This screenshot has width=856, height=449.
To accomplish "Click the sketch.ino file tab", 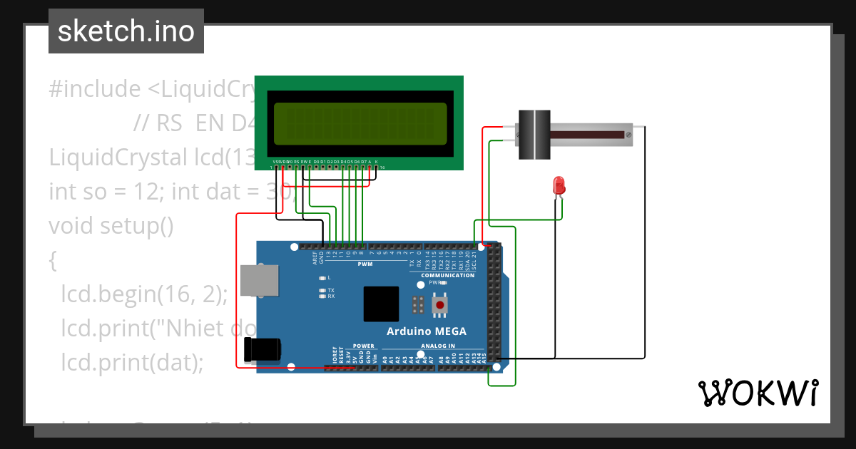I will [x=126, y=31].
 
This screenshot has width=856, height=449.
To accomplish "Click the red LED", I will [x=560, y=185].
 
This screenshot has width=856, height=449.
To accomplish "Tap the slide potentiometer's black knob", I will [x=534, y=135].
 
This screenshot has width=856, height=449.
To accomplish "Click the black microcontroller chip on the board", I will [x=381, y=304].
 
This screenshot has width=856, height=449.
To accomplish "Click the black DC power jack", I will [x=261, y=349].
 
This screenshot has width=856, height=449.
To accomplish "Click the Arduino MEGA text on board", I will [x=427, y=331].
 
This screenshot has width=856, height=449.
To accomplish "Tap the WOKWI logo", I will [x=758, y=393].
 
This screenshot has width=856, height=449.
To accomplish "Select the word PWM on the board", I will [x=365, y=264].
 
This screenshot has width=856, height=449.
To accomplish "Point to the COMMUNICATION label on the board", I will [x=447, y=275].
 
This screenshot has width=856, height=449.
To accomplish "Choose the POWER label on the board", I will [x=363, y=346].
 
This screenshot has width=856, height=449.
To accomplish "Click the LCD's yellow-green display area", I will [x=360, y=123].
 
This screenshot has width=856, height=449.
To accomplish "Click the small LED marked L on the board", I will [x=322, y=277].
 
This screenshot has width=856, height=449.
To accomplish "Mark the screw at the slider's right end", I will [x=628, y=135].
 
